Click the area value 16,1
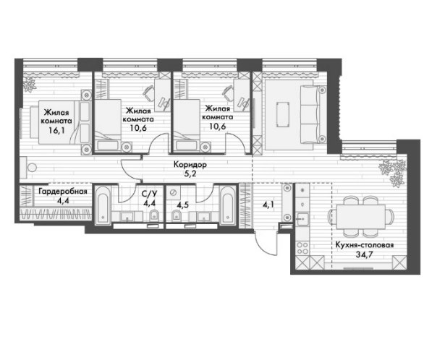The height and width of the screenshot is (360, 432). click(x=56, y=130)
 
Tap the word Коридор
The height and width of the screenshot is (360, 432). click(x=190, y=165)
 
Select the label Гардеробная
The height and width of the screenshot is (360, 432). click(x=63, y=192)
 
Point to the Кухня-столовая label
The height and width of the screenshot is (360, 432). click(x=365, y=245)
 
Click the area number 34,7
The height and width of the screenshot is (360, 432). click(x=364, y=254)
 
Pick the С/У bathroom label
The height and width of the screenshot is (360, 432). click(x=149, y=194)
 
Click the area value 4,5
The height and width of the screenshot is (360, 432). click(x=182, y=205)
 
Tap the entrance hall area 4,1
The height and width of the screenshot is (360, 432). click(x=268, y=205)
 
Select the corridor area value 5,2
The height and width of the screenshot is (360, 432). click(x=190, y=174)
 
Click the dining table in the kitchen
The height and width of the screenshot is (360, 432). click(x=360, y=217)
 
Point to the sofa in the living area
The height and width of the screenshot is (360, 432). click(x=313, y=114)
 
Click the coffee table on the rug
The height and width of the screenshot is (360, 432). click(x=283, y=114)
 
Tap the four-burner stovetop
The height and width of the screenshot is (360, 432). click(x=302, y=248)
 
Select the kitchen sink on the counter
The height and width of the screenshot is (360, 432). click(x=302, y=219)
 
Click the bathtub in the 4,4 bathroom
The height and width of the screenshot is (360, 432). click(x=103, y=205)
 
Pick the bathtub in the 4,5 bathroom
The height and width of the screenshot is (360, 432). click(x=228, y=205)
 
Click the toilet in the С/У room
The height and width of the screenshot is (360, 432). click(x=154, y=215)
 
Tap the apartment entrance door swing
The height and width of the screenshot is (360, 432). click(x=266, y=244)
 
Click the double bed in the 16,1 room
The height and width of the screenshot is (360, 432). click(x=64, y=122)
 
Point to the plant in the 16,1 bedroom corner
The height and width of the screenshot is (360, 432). click(x=29, y=84)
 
